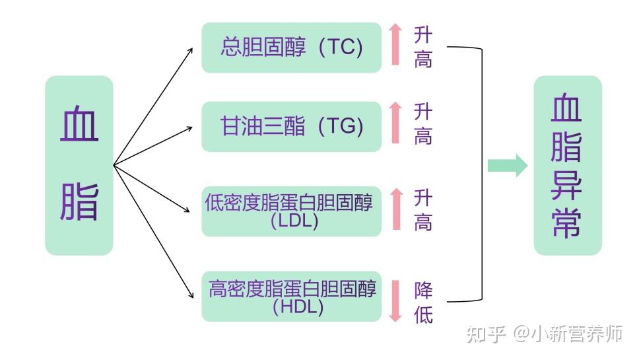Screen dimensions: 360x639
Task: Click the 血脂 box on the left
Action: (x=79, y=165)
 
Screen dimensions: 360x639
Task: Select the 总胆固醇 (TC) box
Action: (x=291, y=48)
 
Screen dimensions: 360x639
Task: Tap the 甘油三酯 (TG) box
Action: (x=291, y=126)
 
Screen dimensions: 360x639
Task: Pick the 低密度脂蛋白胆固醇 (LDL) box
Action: (x=291, y=211)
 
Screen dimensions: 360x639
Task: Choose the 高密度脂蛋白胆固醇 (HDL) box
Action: (x=291, y=296)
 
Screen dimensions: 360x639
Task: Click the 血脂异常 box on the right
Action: (x=567, y=165)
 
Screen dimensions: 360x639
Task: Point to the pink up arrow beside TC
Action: (x=395, y=44)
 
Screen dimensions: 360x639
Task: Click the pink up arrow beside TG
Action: (x=395, y=123)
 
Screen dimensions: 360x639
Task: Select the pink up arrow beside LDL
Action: (x=395, y=209)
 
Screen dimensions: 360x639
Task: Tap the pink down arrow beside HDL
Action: (x=395, y=301)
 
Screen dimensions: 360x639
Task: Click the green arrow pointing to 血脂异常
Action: (x=507, y=165)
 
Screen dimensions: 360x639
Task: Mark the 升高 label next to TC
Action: (x=423, y=48)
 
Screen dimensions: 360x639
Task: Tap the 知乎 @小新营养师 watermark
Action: (x=545, y=334)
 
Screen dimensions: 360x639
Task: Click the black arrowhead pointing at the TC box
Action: (x=189, y=49)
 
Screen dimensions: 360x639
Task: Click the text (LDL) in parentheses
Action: (x=294, y=221)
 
